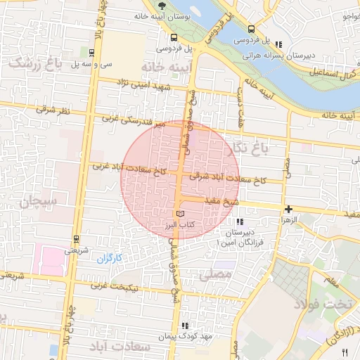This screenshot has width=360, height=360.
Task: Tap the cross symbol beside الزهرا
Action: click(x=288, y=209)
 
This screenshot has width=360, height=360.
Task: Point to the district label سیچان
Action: click(x=37, y=202)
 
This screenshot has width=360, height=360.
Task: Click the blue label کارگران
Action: click(x=109, y=258)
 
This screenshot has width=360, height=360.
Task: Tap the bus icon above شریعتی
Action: click(x=76, y=238)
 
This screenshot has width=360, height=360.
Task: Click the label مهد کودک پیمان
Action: click(x=185, y=336)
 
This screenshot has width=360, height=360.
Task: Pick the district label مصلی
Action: click(x=216, y=275)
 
